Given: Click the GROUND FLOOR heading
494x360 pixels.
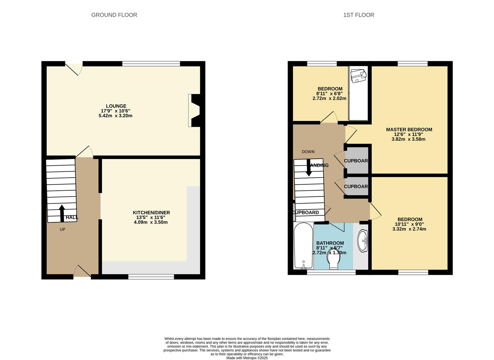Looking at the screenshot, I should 114,15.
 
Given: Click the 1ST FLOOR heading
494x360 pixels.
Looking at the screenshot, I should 359,15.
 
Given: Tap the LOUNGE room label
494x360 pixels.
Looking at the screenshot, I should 116,106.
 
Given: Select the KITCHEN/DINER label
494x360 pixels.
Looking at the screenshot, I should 151,213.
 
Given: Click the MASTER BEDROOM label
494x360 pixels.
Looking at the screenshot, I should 409,130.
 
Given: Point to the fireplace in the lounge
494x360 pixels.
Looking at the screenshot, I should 195,110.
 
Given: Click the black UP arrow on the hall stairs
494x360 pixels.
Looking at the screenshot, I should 62,213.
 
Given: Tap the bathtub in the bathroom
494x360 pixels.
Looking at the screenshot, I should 303,246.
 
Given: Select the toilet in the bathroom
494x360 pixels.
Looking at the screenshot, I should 333,260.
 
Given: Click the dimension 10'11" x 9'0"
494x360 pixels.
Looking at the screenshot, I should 409,224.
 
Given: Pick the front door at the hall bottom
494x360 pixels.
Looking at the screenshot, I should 82,272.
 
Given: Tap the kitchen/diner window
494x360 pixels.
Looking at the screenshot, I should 151,276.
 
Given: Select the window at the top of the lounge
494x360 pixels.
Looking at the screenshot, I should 151,64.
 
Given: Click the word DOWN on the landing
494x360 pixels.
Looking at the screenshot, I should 308,152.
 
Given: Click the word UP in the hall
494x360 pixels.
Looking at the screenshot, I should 62,229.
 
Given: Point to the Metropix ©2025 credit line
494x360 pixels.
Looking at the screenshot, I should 247,358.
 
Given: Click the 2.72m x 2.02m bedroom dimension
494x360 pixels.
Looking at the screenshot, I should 329,98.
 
